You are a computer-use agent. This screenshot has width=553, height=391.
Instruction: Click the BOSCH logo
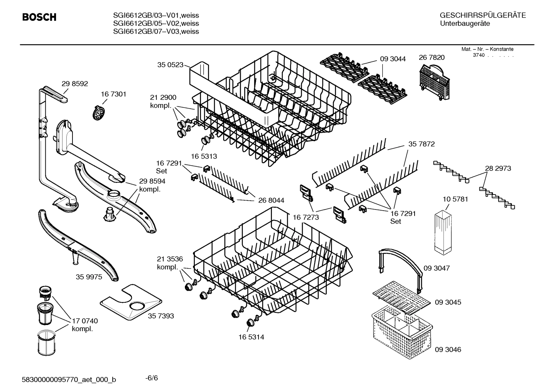(39, 17)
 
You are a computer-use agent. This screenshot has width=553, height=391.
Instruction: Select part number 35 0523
(170, 65)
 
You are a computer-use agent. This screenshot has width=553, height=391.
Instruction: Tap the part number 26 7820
(431, 58)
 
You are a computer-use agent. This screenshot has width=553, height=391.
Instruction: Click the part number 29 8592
(75, 84)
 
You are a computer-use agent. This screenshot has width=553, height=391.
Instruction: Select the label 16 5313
(204, 156)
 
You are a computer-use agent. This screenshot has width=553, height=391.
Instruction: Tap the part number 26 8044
(271, 200)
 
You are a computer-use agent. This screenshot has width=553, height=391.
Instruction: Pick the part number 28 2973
(498, 168)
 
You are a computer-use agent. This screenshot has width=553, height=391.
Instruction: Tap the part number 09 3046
(448, 350)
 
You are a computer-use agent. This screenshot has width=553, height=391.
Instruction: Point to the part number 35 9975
(89, 277)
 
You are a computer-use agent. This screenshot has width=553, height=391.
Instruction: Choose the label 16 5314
(251, 337)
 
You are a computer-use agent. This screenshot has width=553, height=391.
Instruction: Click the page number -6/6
(151, 378)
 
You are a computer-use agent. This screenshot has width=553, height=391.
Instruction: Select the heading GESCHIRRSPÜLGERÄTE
(482, 16)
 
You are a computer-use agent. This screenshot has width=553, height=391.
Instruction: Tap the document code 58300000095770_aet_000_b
(69, 380)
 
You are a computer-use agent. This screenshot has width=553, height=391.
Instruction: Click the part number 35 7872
(421, 144)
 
